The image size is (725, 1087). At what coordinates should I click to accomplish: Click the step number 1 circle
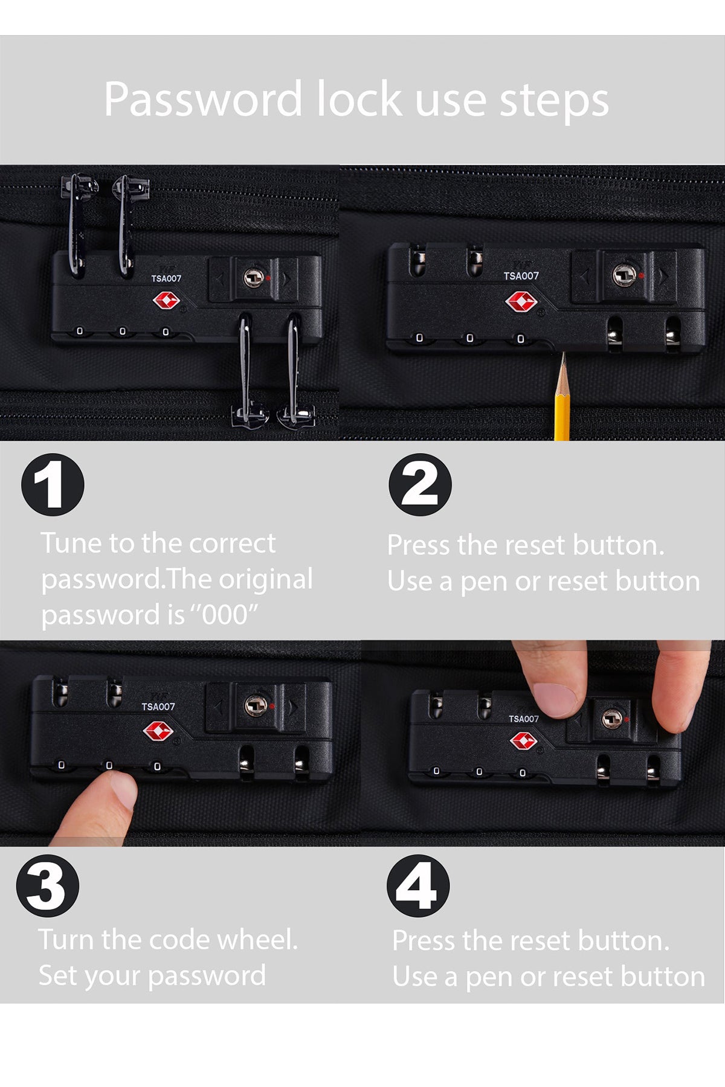coord(53,484)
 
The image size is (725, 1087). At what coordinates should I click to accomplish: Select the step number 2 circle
coord(420,484)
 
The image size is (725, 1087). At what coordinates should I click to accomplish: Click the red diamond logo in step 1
coord(166,300)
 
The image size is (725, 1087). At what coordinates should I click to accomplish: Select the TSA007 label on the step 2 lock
coord(521,276)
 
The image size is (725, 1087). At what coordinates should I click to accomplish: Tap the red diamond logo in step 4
coord(523,741)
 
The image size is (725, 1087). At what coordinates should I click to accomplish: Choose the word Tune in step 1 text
coord(71,543)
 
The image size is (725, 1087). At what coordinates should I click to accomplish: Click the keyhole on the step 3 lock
coord(256,705)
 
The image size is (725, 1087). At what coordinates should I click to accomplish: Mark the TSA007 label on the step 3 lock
coord(158,707)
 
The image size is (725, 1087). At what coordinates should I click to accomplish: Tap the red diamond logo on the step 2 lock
coord(521,301)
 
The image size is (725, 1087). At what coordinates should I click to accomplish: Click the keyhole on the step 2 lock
coord(625,275)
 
